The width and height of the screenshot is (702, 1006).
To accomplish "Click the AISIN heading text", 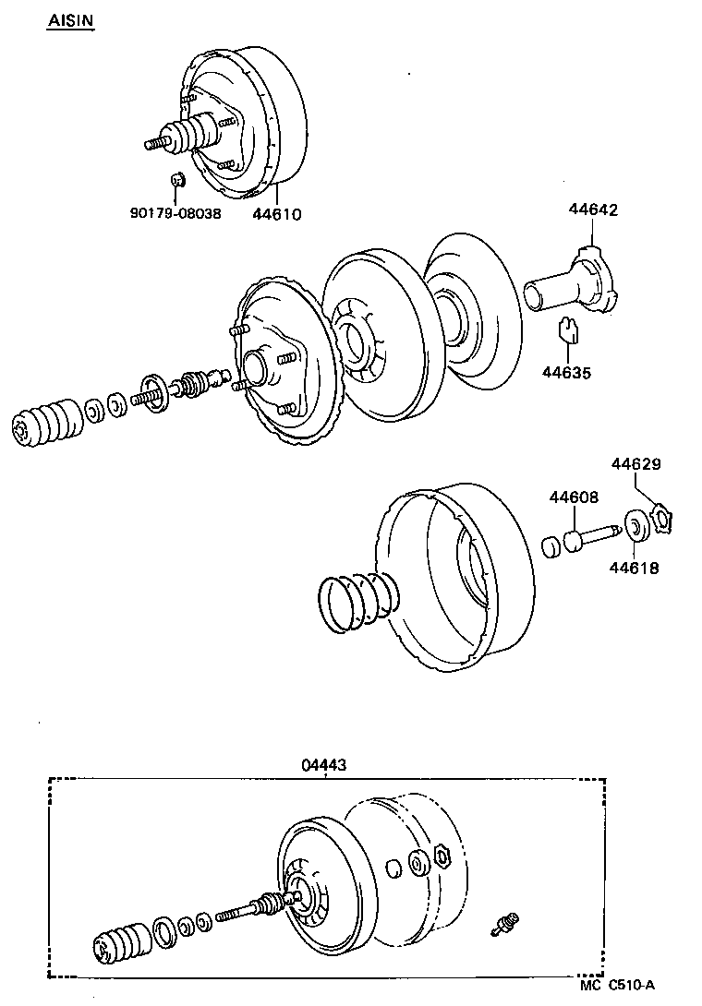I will [70, 20].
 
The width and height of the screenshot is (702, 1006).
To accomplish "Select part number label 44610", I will [277, 214].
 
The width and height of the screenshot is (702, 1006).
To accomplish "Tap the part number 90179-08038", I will [175, 214].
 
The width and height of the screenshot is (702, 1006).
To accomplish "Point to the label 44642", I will [592, 210].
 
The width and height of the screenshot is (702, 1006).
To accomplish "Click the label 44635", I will [566, 373].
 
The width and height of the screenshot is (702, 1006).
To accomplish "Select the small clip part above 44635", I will [569, 329].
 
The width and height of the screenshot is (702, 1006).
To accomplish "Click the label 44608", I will [574, 497].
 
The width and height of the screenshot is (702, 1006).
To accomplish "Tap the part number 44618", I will [634, 569].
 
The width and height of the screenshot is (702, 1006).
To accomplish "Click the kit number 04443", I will [325, 765].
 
